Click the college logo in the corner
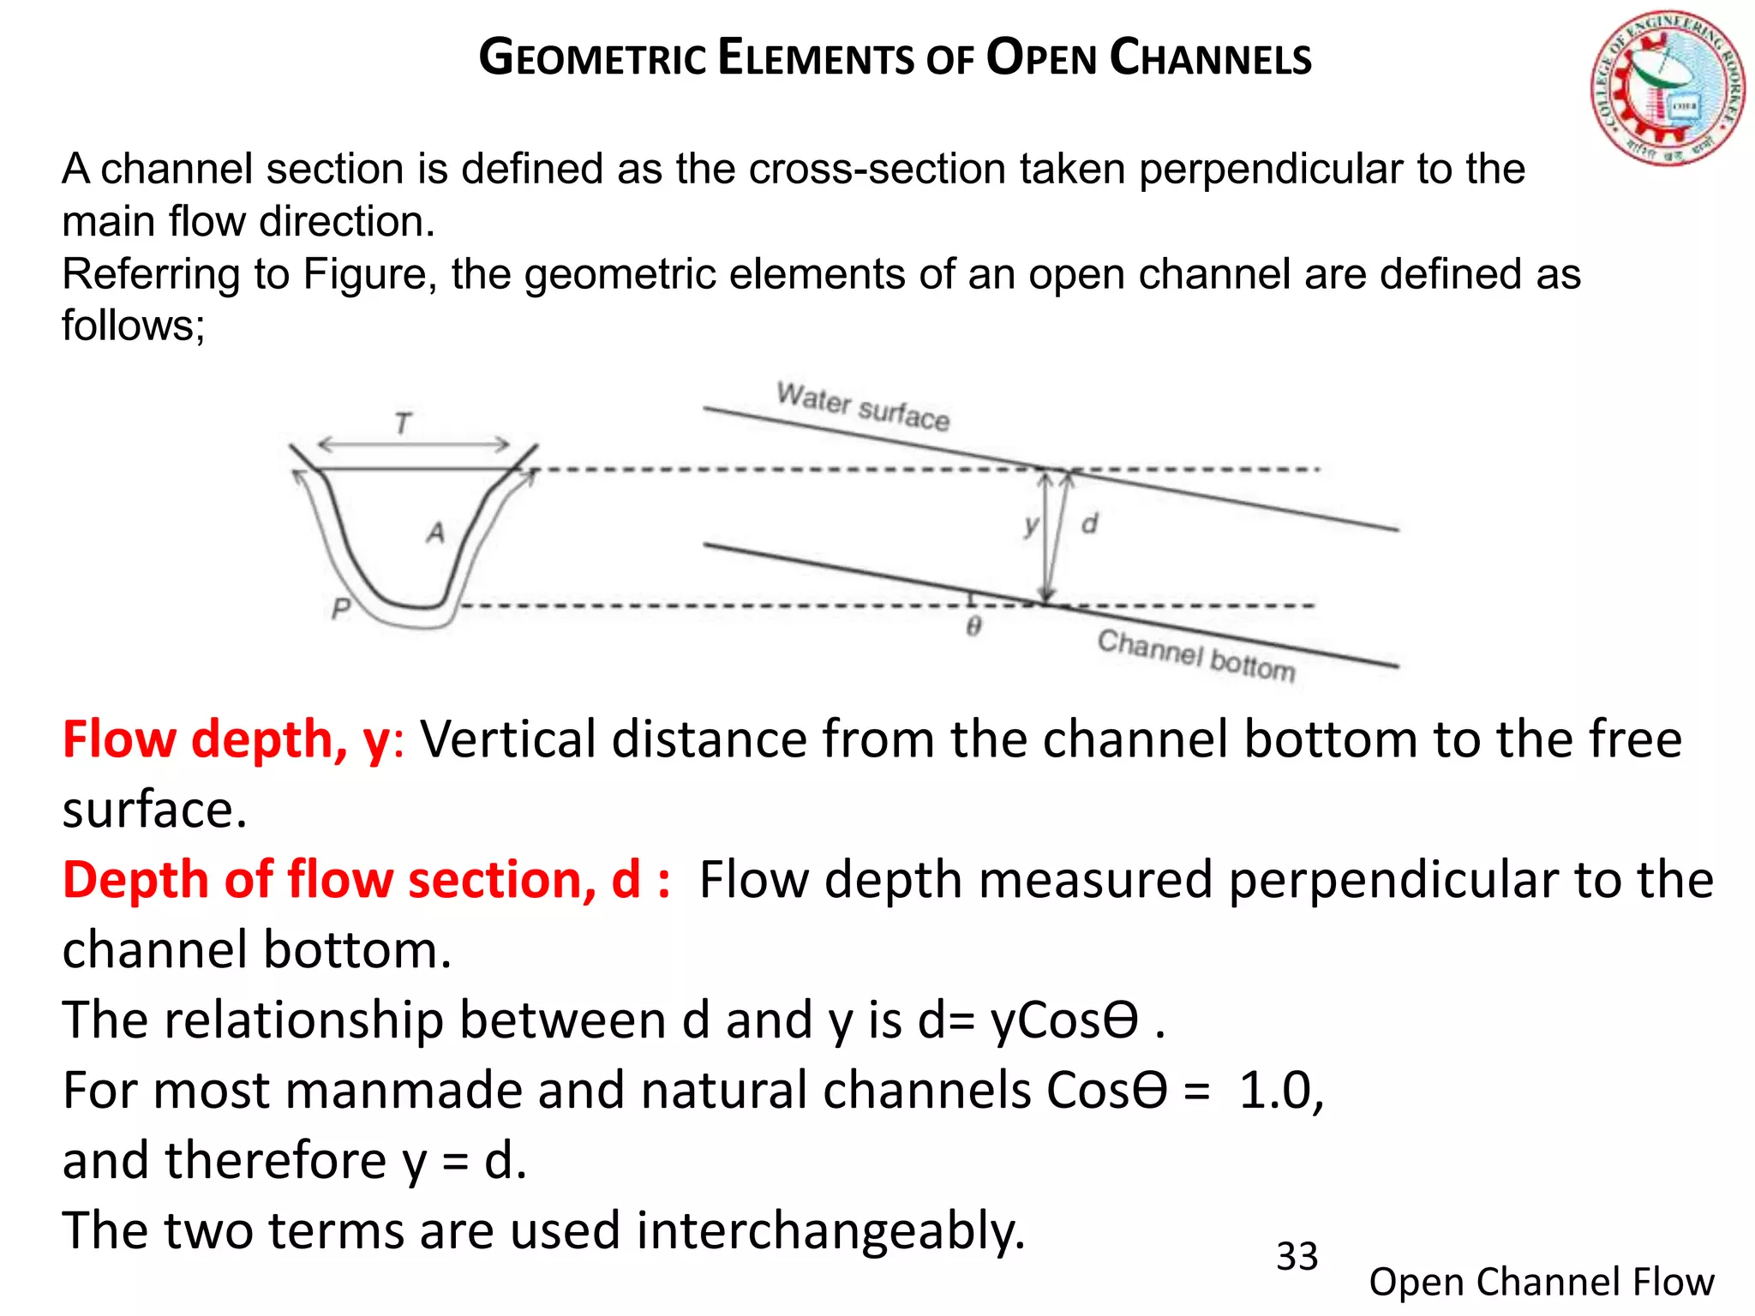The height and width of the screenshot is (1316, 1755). [1667, 89]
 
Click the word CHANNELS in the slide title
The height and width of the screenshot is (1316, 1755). [1210, 58]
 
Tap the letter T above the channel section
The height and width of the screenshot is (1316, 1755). [403, 423]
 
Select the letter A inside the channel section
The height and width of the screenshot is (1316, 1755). [436, 532]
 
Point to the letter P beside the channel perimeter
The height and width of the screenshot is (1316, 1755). [341, 608]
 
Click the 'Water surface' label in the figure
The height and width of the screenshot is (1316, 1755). [863, 406]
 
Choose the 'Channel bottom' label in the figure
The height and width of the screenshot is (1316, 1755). [1196, 655]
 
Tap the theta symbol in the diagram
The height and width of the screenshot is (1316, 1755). [973, 627]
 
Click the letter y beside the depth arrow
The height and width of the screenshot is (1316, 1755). [1031, 524]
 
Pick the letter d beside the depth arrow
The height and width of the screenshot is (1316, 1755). [1089, 523]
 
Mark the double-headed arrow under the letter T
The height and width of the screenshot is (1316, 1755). [413, 444]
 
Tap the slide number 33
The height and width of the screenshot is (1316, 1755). [1297, 1257]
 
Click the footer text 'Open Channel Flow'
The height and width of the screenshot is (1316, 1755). [1541, 1282]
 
